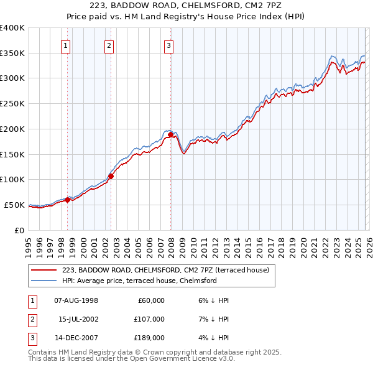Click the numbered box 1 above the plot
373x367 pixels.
[x=66, y=45]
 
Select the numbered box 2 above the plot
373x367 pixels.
[x=109, y=45]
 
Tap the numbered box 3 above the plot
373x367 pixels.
[x=168, y=45]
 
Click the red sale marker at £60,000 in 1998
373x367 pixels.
[x=67, y=200]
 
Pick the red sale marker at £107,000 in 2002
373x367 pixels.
[x=111, y=176]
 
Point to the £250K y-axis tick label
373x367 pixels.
[x=12, y=104]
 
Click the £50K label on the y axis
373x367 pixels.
[x=14, y=205]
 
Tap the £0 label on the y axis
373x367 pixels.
[x=19, y=230]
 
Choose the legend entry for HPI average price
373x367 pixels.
[x=139, y=281]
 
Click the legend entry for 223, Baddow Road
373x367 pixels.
[x=165, y=271]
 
